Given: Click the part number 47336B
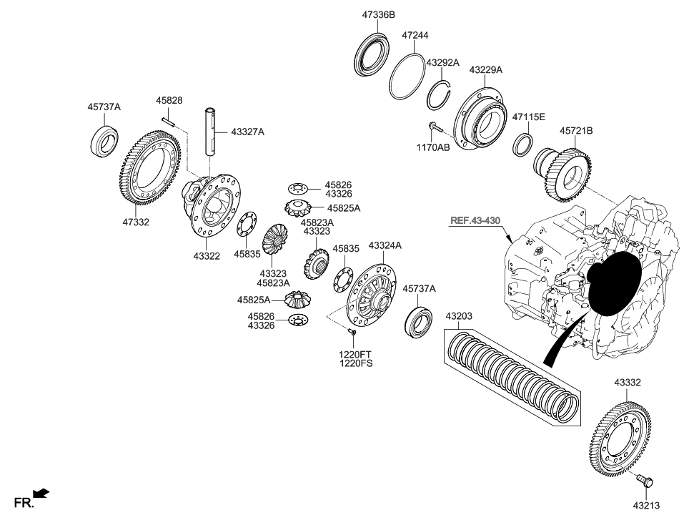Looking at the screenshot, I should [378, 14].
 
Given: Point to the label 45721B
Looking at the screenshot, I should [576, 131].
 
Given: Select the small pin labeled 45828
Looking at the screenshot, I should [168, 121].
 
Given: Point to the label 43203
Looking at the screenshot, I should [459, 315].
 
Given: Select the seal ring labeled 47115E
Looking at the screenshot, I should [523, 144].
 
